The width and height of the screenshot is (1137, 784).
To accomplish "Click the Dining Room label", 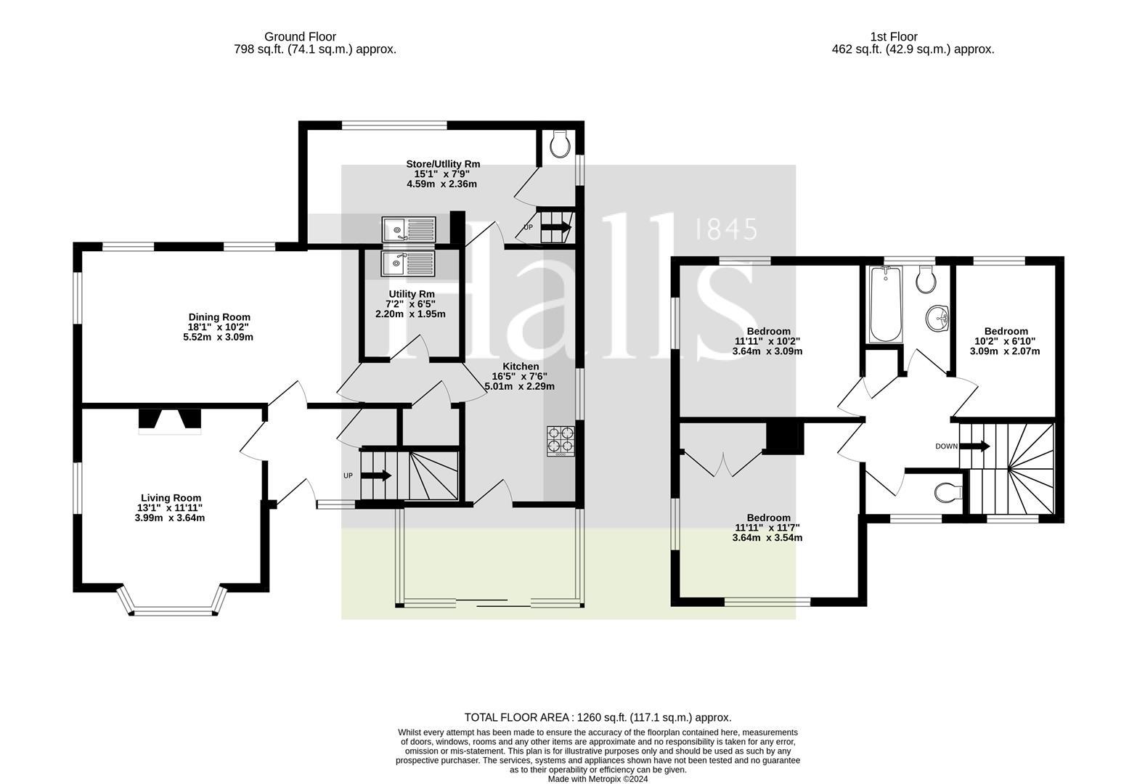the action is (x=219, y=317).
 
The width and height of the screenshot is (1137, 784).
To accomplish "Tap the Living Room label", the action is (x=171, y=498).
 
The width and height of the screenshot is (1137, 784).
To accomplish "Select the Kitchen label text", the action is (x=521, y=367).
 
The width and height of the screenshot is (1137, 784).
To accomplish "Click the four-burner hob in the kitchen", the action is (x=561, y=441).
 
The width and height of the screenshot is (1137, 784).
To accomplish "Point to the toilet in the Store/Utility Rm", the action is (x=561, y=144).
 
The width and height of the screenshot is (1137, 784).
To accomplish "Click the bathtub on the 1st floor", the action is (x=886, y=304).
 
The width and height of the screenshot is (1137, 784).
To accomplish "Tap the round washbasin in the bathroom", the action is (x=937, y=319).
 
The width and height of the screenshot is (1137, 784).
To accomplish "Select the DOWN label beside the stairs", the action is (x=946, y=446).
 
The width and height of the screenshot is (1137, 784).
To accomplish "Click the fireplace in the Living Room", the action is (x=170, y=421).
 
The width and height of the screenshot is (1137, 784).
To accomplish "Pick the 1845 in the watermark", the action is (x=726, y=229).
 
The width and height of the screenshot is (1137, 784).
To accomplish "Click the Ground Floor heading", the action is (x=300, y=36).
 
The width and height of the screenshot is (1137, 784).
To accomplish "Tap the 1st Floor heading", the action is (x=894, y=36).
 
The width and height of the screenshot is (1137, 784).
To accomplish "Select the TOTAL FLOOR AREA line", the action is (x=598, y=717).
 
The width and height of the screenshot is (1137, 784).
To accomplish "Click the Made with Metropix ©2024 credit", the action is (x=598, y=779).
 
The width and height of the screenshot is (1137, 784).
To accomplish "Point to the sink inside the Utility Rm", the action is (x=407, y=264).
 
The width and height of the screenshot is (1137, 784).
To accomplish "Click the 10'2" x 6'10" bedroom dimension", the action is (x=1005, y=341).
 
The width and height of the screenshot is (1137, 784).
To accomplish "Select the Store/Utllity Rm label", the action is (x=443, y=164).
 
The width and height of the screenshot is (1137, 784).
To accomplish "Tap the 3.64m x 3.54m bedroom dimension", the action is (x=767, y=537).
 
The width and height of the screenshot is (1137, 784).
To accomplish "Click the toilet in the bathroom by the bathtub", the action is (x=926, y=279).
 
